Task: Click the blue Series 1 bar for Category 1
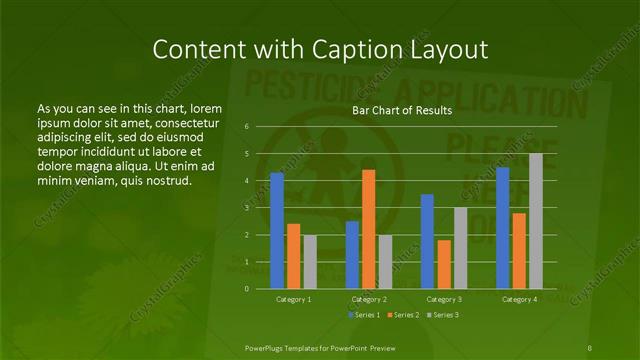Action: tap(277, 230)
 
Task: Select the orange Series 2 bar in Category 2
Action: tap(369, 229)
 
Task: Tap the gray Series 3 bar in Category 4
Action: tap(536, 221)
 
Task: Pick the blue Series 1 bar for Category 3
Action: tap(427, 241)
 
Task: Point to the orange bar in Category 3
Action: tap(444, 264)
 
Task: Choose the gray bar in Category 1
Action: tap(310, 262)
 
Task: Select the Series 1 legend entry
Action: tap(365, 315)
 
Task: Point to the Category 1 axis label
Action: tap(294, 299)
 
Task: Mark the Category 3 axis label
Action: tap(444, 299)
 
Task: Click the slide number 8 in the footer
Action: tap(591, 346)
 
